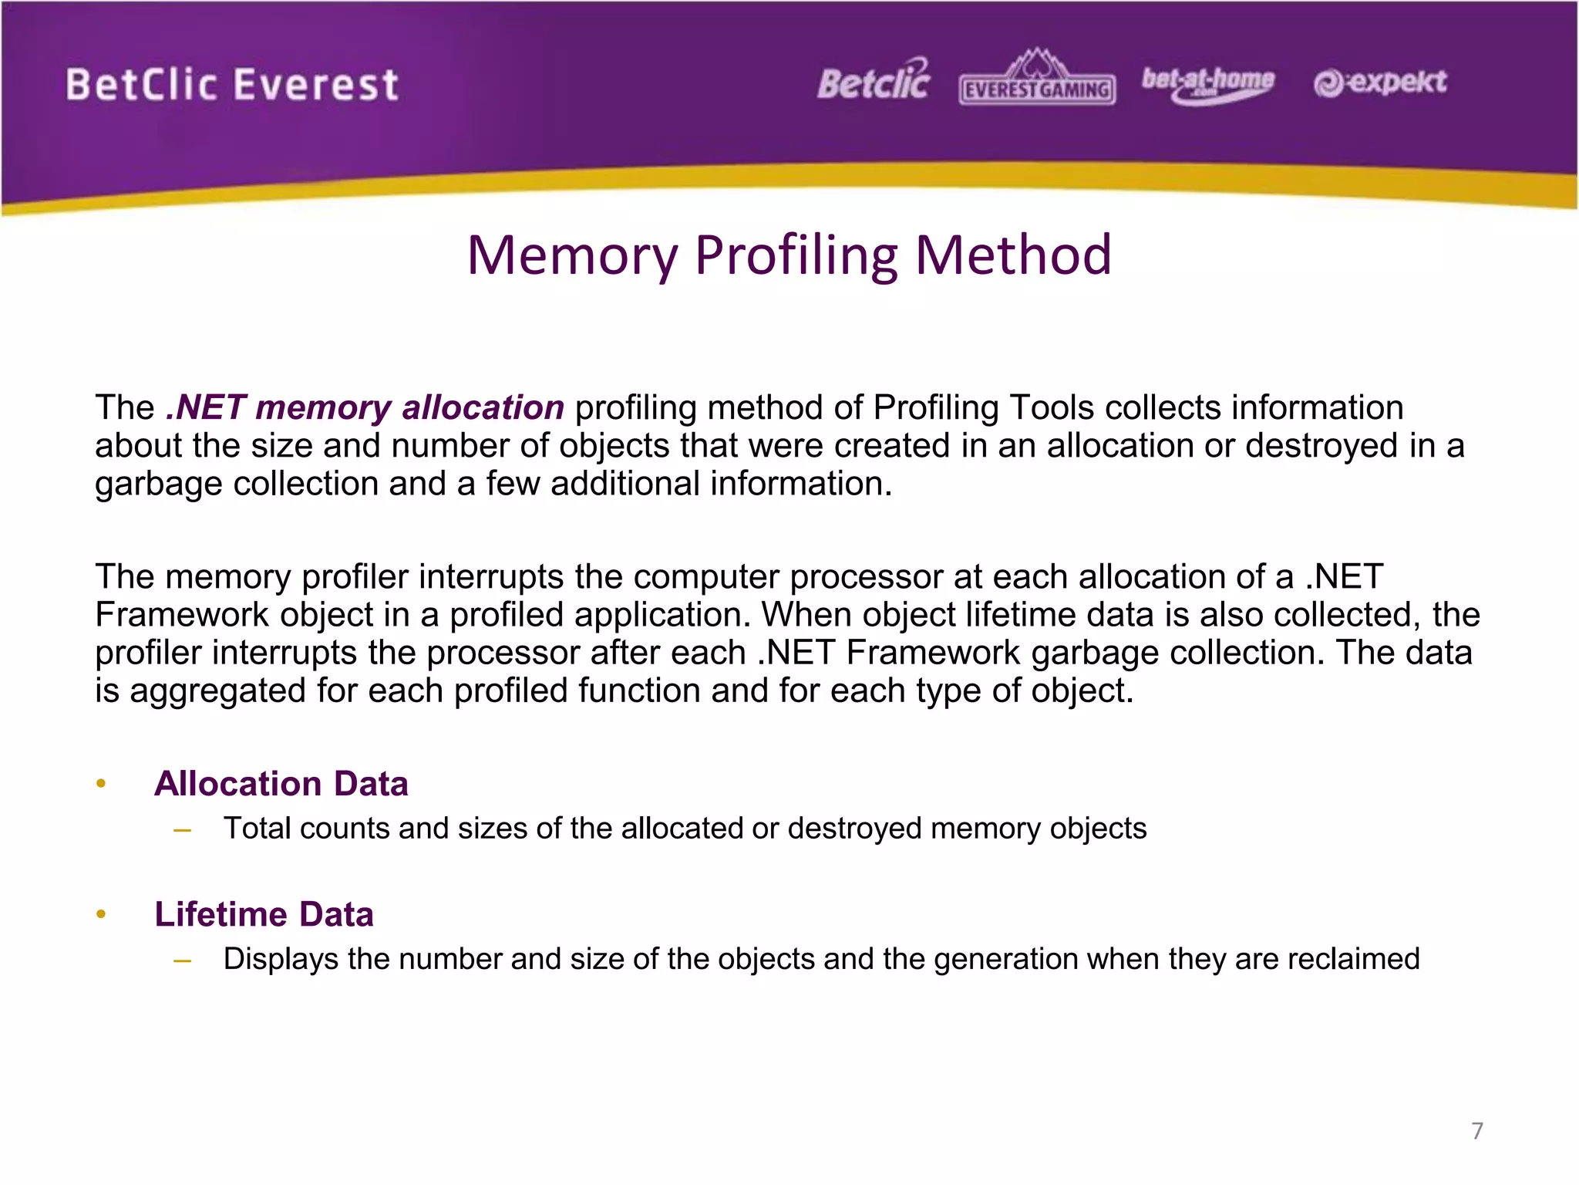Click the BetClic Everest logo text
pos(232,85)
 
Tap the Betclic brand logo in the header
pos(874,81)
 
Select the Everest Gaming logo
pos(1037,80)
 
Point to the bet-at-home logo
pos(1207,83)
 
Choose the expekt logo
pos(1380,83)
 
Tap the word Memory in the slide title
pos(573,255)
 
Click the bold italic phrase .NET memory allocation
pos(365,407)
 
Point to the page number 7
pos(1476,1131)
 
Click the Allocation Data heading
pos(281,784)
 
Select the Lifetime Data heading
pos(264,914)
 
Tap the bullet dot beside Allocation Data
pos(101,785)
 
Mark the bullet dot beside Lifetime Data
pos(101,915)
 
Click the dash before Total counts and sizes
pos(183,830)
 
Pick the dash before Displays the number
pos(183,961)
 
